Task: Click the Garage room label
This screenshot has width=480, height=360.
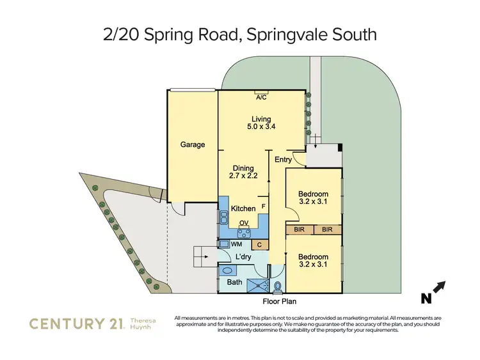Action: pyautogui.click(x=192, y=145)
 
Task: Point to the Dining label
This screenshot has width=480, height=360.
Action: pyautogui.click(x=244, y=168)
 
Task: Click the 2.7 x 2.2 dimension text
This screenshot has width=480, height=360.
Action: pyautogui.click(x=243, y=176)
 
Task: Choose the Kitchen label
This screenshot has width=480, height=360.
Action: pyautogui.click(x=243, y=208)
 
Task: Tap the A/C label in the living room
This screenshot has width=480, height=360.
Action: pyautogui.click(x=261, y=97)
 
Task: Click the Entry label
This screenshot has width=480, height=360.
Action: pyautogui.click(x=283, y=160)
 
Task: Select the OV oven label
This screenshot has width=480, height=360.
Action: pyautogui.click(x=243, y=223)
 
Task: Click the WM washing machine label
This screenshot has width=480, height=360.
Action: pyautogui.click(x=236, y=244)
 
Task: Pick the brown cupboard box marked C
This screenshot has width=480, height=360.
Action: pyautogui.click(x=259, y=244)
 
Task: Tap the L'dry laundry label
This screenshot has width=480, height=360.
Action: pyautogui.click(x=243, y=258)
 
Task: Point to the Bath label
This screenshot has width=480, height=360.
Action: pyautogui.click(x=235, y=282)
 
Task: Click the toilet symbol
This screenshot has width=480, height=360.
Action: pyautogui.click(x=276, y=285)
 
